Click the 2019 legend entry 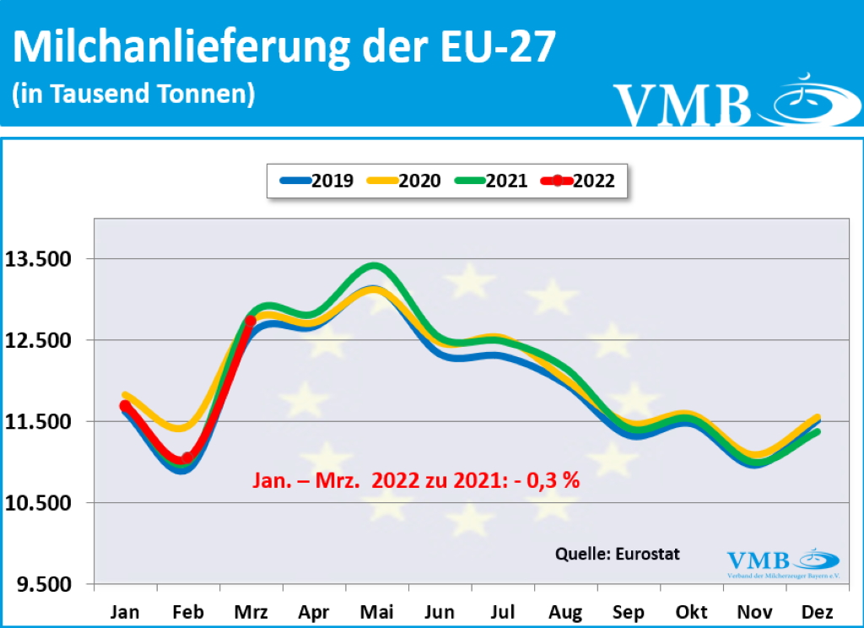(x=316, y=180)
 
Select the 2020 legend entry (x=403, y=180)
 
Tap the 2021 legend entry (x=490, y=180)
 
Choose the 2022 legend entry (x=578, y=180)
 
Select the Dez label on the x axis (x=818, y=611)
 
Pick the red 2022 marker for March (x=251, y=321)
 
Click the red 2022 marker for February (x=187, y=458)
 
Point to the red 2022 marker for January (x=125, y=406)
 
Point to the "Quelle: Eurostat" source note (x=617, y=554)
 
